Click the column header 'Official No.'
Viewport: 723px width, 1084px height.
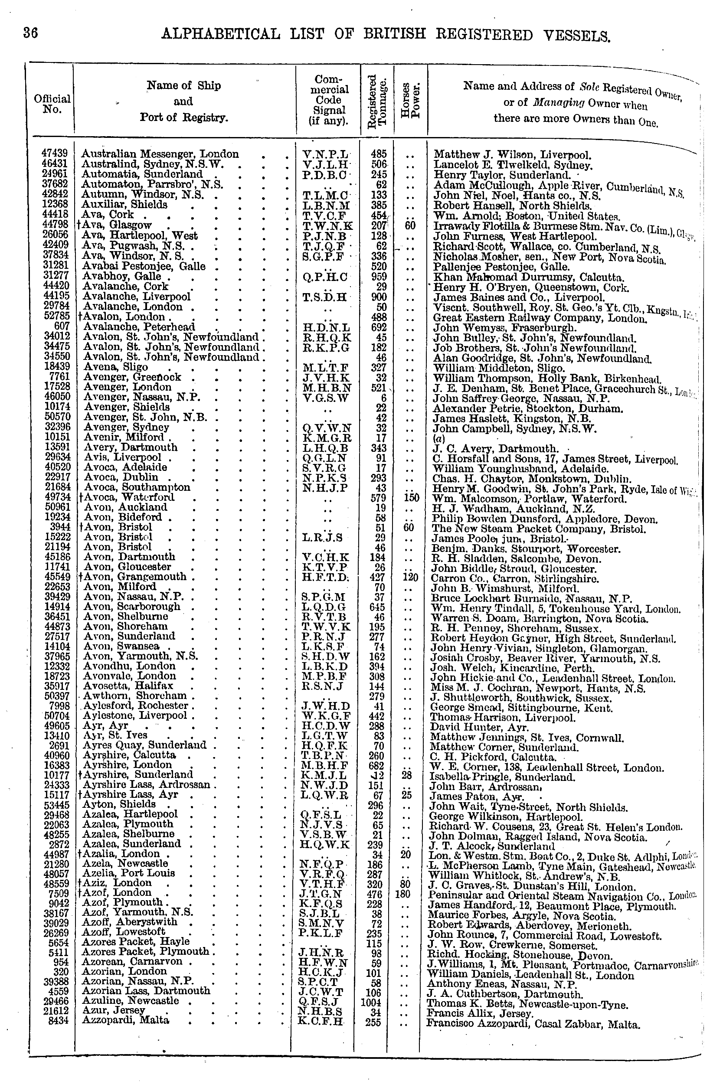tap(52, 104)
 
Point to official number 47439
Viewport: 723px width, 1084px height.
tap(54, 153)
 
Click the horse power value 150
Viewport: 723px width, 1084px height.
tap(410, 498)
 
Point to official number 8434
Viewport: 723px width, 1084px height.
tap(58, 1021)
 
